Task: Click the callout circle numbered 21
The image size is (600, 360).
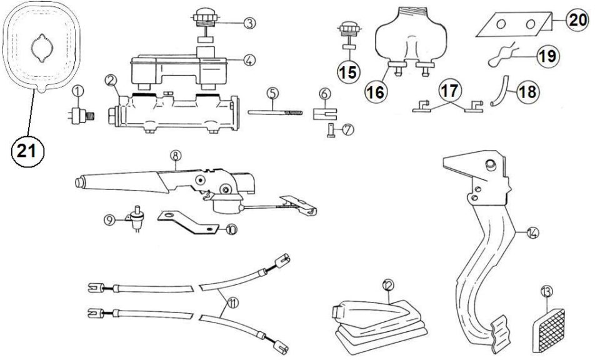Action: point(28,151)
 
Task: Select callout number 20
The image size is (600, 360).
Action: point(577,20)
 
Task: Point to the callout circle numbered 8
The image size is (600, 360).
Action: point(176,156)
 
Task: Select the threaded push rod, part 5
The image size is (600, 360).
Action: point(275,112)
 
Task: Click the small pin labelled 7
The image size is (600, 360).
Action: point(331,131)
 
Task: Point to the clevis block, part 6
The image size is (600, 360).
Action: point(325,114)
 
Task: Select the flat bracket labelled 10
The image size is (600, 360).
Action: point(187,222)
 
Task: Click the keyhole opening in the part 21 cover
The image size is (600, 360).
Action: point(42,49)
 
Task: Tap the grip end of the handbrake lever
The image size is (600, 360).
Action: point(80,182)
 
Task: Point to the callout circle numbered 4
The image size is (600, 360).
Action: point(249,60)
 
